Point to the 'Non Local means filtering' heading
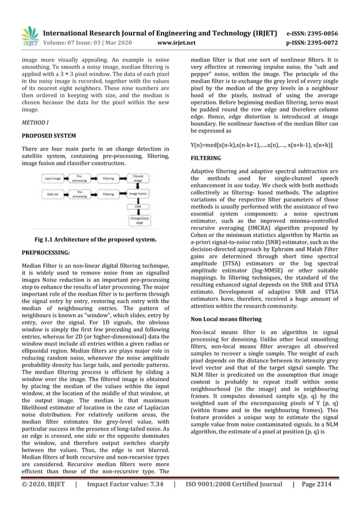point(226,319)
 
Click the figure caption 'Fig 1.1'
point(95,239)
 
